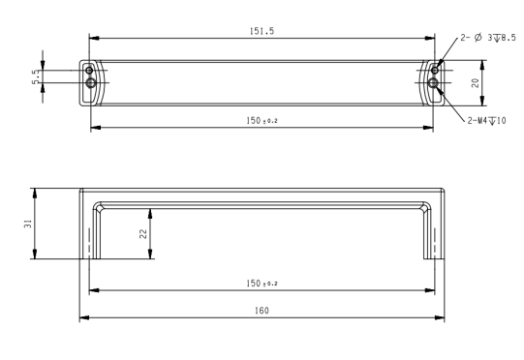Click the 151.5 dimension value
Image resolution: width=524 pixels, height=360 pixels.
(x=262, y=31)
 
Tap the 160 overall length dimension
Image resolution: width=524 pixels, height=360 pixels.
(x=262, y=311)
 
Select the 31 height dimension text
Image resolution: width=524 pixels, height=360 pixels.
(x=28, y=224)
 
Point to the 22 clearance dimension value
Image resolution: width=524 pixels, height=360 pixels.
(x=143, y=233)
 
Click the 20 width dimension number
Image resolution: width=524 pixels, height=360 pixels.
(x=475, y=83)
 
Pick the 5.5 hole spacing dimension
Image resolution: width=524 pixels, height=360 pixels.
(x=36, y=76)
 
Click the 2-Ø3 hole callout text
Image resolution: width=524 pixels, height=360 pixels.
(x=488, y=38)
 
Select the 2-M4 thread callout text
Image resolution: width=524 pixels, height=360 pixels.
(x=486, y=121)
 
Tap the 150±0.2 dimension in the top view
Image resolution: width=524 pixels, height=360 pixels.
(x=262, y=121)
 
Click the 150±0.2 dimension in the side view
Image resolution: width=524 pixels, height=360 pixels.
(x=262, y=284)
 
